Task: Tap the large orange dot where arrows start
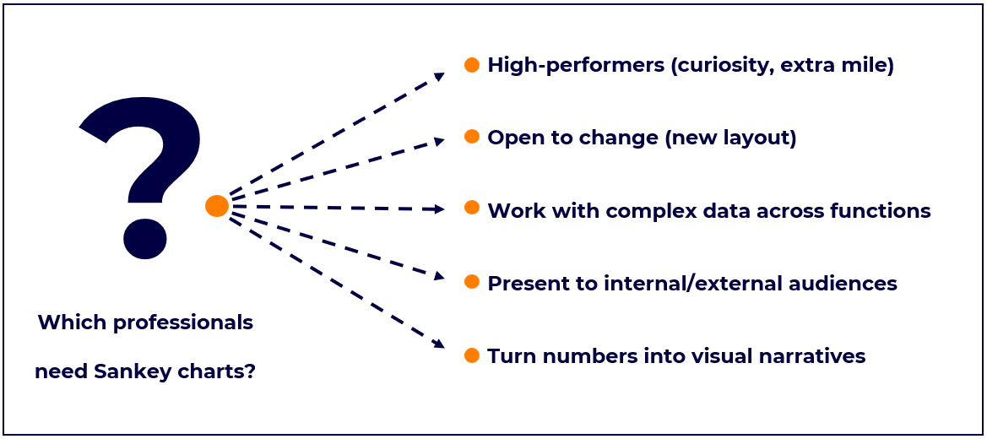(216, 206)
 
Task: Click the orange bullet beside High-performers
(471, 65)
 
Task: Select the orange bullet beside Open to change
(471, 137)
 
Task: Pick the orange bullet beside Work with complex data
(471, 209)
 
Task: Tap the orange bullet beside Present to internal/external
(471, 282)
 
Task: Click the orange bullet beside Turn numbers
(471, 355)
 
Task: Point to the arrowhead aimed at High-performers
(439, 76)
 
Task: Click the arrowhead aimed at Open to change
(439, 142)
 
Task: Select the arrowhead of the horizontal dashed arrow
(439, 209)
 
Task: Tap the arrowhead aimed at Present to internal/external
(439, 275)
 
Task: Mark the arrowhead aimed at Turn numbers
(439, 343)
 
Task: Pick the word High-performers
(575, 66)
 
